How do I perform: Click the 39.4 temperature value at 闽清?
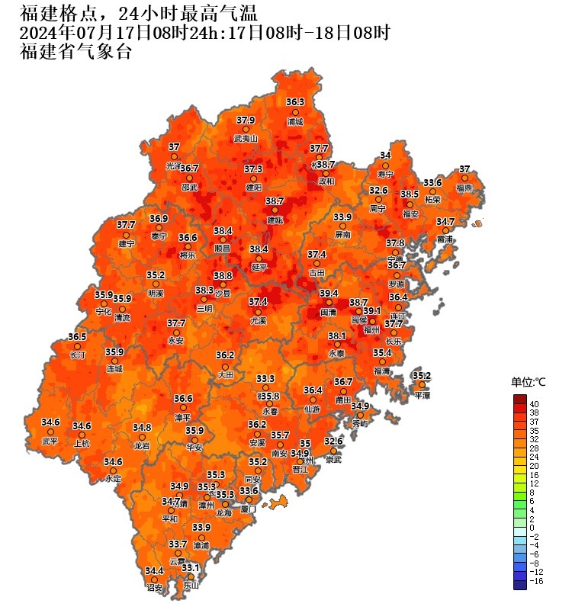point(329,294)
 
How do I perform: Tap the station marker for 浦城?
point(295,111)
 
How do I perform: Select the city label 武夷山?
point(246,139)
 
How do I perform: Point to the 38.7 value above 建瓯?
point(275,201)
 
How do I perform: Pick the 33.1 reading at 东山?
point(191,568)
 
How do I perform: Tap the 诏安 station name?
point(155,588)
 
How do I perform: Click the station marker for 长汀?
point(77,345)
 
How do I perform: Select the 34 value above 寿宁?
point(385,156)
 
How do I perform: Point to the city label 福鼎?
point(464,188)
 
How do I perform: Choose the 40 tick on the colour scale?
point(535,403)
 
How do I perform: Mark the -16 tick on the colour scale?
point(537,580)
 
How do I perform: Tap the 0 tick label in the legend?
point(532,528)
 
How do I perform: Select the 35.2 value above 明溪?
point(156,275)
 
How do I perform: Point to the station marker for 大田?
point(224,364)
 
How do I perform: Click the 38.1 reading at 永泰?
point(337,336)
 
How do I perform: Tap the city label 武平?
point(50,441)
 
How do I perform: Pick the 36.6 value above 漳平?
point(183,398)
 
